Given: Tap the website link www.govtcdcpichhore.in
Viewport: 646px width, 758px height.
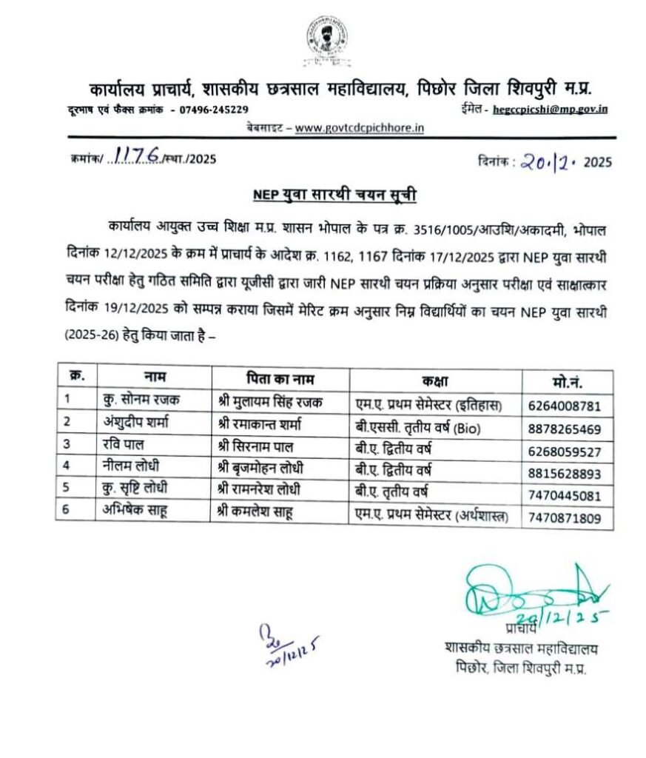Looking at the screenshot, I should pos(359,127).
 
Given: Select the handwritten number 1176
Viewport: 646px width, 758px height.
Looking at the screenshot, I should pos(133,156).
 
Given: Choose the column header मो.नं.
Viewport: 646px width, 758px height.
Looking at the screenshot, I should pos(567,382).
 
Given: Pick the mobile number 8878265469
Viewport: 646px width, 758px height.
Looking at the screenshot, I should pos(569,429).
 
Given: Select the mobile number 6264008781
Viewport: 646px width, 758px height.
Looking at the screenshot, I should pos(569,406).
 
